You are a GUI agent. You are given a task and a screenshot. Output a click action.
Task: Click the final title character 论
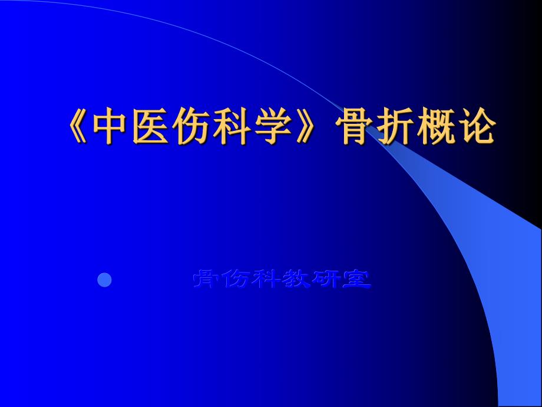(x=477, y=127)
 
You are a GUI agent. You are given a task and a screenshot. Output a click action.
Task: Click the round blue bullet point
(x=104, y=280)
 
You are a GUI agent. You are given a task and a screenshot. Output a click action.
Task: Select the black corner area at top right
(x=524, y=35)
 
